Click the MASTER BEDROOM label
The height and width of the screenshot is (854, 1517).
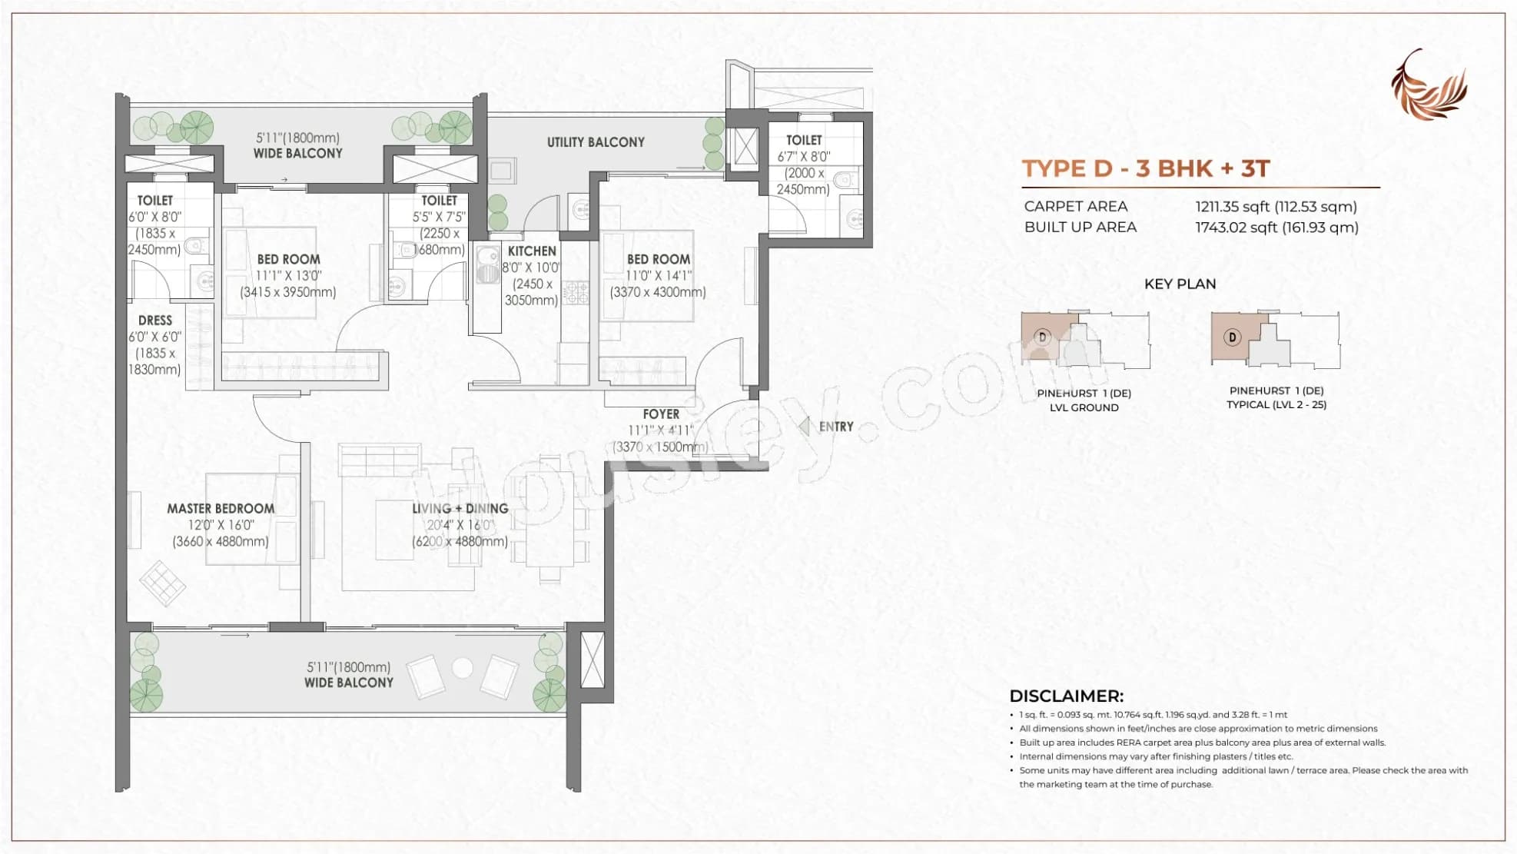coord(221,509)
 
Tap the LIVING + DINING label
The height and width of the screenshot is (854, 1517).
coord(460,509)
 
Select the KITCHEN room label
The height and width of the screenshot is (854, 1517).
coord(532,251)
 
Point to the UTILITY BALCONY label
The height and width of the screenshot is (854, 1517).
coord(596,142)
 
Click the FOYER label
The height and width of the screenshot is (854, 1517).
coord(661,414)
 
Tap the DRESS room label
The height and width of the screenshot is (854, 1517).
coord(155,321)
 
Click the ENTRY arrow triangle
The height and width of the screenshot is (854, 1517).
coord(805,427)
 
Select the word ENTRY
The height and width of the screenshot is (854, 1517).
coord(836,427)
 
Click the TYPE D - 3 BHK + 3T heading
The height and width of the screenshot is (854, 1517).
coord(1145,169)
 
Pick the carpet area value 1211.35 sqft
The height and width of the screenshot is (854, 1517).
coord(1276,207)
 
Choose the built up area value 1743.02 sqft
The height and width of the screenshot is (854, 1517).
coord(1276,228)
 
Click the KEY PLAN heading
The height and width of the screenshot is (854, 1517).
coord(1180,284)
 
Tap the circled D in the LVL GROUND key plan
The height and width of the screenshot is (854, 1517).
coord(1043,337)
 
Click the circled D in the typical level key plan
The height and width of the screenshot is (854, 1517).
coord(1232,337)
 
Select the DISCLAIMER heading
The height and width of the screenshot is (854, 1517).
coord(1066,696)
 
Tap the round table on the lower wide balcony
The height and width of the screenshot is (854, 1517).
coord(462,668)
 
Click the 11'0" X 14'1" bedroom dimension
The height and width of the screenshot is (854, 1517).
coord(659,276)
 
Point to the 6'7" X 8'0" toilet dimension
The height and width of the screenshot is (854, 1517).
coord(803,157)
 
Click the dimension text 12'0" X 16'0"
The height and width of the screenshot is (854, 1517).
coord(221,526)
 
